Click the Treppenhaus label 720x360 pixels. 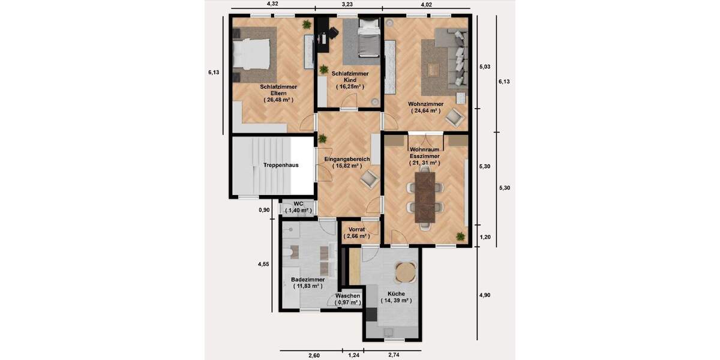(280, 165)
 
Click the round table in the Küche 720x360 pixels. (406, 272)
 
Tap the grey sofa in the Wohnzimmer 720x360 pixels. (455, 57)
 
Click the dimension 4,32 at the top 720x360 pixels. (272, 4)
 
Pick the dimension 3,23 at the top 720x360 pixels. (347, 4)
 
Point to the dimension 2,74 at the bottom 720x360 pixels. (395, 356)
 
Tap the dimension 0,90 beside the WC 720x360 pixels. (264, 211)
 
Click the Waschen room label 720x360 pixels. (347, 296)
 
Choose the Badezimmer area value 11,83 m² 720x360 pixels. (308, 286)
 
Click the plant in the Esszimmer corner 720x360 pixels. (460, 236)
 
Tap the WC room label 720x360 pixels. (299, 204)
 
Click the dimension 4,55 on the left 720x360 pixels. (264, 263)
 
